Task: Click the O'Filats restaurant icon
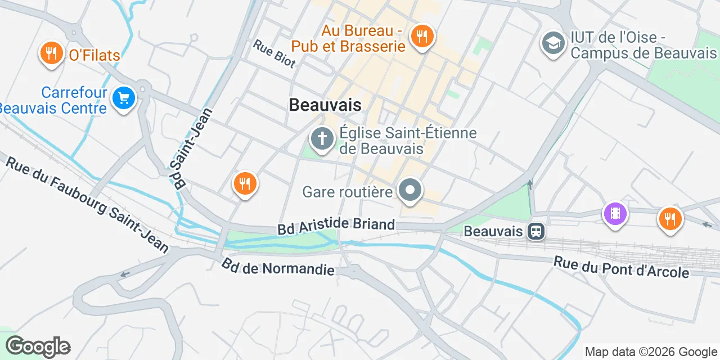(51, 53)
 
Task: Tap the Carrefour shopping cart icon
(123, 98)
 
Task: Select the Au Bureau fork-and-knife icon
(421, 37)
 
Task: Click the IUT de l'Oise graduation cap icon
(553, 43)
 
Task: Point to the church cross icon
(322, 138)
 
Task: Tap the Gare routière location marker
(411, 190)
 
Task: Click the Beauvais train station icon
(536, 231)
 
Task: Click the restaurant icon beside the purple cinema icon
(669, 218)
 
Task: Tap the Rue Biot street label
(274, 54)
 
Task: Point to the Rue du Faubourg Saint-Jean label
(87, 205)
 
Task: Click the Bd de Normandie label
(278, 267)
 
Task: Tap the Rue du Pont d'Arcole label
(621, 267)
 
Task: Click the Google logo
(38, 346)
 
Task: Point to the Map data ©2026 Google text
(651, 352)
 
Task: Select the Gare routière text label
(347, 192)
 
